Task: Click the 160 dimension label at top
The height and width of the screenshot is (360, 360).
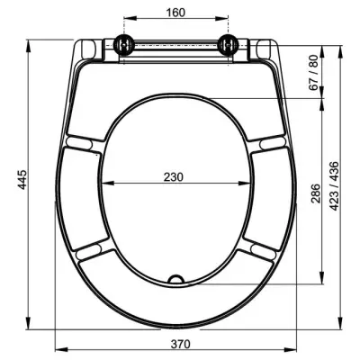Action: [175, 13]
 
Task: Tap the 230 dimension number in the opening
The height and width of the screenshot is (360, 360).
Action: [173, 177]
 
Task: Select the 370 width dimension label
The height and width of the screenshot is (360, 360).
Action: [181, 344]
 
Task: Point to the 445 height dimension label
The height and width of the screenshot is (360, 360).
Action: [22, 180]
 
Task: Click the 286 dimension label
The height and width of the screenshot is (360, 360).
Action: [316, 193]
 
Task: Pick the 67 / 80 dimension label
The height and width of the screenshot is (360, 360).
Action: [313, 73]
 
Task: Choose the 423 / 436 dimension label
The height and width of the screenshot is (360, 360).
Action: [334, 186]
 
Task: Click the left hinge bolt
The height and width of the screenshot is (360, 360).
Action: [123, 45]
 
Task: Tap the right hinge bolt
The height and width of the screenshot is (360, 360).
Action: [228, 45]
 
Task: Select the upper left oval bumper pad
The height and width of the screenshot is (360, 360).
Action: [78, 143]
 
